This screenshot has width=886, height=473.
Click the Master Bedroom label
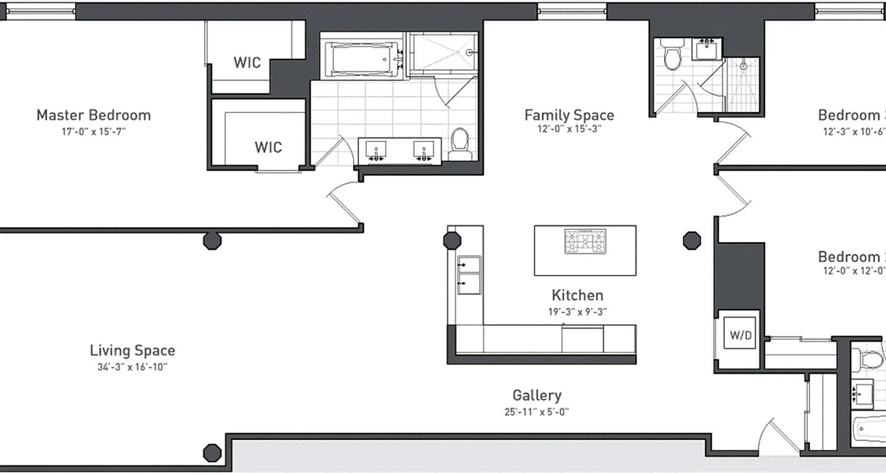pos(93,115)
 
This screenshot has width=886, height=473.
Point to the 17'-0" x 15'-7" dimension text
pos(93,131)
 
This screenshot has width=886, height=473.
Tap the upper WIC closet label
pos(247,63)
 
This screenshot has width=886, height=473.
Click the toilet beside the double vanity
pos(459,142)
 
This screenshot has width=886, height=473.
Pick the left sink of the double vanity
pos(374,150)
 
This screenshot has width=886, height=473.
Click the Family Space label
pos(569,115)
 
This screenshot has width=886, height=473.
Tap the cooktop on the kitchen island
pos(585,242)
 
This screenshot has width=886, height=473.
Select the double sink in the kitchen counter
pos(470,275)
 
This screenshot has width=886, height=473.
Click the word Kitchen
pos(577,295)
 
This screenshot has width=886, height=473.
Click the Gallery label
pos(536,395)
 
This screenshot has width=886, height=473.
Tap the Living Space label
pos(132,350)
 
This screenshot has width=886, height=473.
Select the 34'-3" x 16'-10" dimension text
pos(132,367)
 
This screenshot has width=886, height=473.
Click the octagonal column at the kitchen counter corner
pos(452,240)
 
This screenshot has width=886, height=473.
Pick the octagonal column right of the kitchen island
pos(692,240)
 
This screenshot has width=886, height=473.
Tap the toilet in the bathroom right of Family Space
pos(671,56)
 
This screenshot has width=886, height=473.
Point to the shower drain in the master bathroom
pos(470,52)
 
